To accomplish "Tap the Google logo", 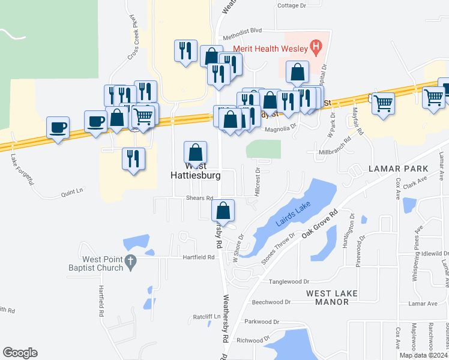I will tap(20, 353).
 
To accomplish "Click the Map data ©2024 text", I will tap(423, 355).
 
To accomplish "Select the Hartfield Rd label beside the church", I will tap(199, 257).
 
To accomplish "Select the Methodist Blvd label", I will tap(243, 29).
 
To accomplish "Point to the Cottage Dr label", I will tap(292, 5).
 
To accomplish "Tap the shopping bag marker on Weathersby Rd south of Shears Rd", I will tap(223, 211).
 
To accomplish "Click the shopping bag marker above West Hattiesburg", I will tap(195, 152).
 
